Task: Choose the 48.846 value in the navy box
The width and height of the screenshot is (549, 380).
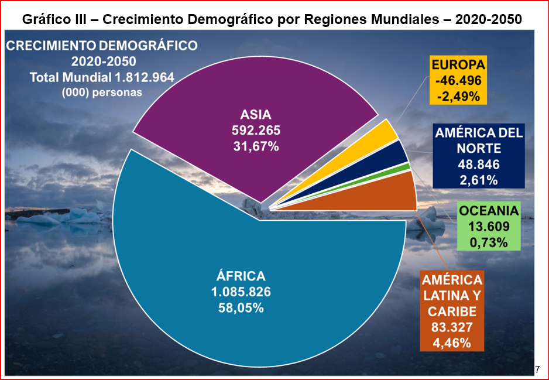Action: pyautogui.click(x=478, y=164)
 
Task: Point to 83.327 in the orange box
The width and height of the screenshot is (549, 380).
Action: pyautogui.click(x=451, y=327)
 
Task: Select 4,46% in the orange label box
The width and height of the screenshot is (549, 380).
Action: pyautogui.click(x=451, y=343)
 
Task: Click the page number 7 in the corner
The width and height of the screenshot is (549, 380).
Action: pyautogui.click(x=537, y=369)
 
